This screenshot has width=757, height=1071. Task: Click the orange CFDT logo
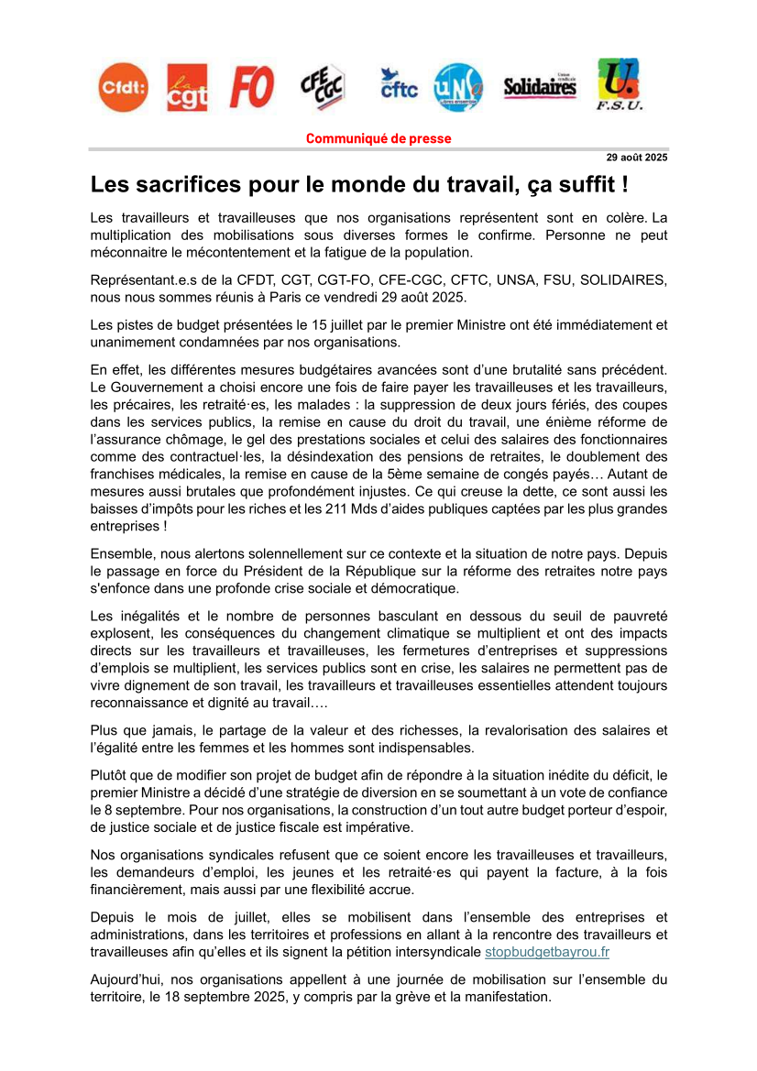(x=123, y=87)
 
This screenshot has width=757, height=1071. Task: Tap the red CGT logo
(x=187, y=88)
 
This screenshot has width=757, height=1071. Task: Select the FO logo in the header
(x=251, y=87)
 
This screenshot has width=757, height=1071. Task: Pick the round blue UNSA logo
(x=457, y=87)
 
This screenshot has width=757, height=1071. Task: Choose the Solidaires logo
(x=540, y=87)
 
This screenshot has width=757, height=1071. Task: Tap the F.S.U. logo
(x=619, y=84)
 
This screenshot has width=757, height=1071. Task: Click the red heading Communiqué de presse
(x=378, y=139)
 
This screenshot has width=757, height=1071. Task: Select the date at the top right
(x=638, y=158)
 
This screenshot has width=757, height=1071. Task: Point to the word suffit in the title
(x=582, y=184)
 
